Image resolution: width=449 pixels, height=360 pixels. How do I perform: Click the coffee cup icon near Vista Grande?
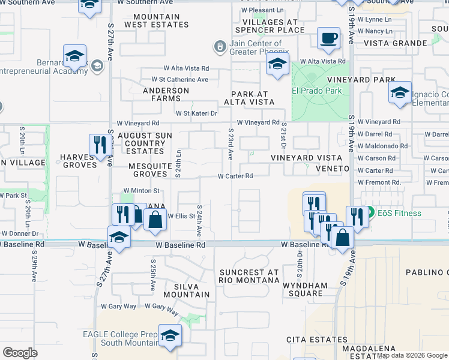point(328,38)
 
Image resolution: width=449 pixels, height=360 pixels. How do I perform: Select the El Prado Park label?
point(316,91)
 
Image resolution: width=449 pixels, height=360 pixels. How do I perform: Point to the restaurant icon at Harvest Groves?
point(98,145)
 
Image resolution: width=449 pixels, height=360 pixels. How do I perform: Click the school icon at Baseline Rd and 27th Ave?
point(119,238)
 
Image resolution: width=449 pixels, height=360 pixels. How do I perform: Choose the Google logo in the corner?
point(20,353)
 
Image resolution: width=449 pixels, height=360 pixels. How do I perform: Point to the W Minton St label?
point(141,190)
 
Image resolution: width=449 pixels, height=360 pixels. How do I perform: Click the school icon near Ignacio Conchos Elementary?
point(400,93)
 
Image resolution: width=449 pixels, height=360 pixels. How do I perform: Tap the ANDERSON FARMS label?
point(166,95)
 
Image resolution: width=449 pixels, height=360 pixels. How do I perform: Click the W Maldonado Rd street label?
point(382,146)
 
